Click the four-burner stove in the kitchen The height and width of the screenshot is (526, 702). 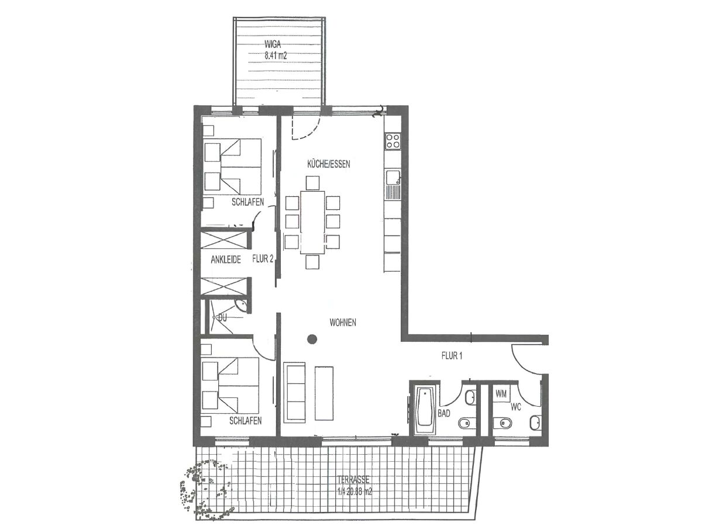(392, 141)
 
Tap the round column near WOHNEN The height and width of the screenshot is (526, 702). (312, 338)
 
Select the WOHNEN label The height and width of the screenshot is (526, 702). (343, 323)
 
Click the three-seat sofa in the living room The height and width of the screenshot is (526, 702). (294, 392)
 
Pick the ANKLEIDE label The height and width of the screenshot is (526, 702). (226, 259)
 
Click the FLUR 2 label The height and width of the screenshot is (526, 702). (263, 258)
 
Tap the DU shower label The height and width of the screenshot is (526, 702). (222, 318)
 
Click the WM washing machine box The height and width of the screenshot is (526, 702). (501, 394)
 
